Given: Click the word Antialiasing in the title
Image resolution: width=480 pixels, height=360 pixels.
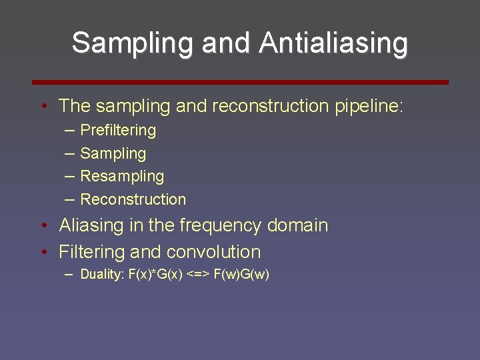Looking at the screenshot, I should [333, 43].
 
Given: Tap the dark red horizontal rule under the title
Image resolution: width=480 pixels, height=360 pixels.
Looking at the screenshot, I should [241, 82].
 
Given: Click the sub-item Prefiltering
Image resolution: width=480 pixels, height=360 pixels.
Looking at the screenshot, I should [118, 131].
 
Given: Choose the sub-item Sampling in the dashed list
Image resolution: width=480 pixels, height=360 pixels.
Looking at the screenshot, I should [113, 153].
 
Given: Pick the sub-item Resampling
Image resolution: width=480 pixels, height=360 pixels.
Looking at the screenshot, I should [122, 177].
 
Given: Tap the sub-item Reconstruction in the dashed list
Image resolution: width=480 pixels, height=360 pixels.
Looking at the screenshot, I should [133, 199].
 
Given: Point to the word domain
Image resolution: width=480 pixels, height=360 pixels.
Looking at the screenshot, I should [297, 225].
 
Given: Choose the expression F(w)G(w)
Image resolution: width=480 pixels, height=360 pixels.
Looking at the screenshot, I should [241, 275].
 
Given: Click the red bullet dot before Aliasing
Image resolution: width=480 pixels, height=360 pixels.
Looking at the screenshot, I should [43, 226].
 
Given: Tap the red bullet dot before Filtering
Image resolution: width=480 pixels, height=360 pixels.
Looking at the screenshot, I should [43, 253].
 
